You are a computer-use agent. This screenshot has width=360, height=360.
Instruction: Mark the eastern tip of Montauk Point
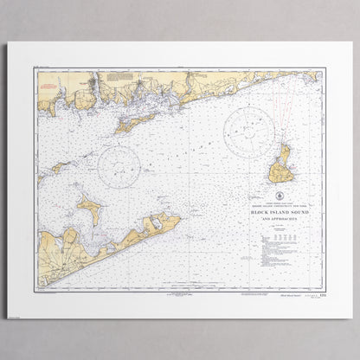click(x=180, y=217)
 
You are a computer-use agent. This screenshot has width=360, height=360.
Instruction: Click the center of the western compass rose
click(x=119, y=166)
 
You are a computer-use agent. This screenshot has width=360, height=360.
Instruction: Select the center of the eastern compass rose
click(x=249, y=132)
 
